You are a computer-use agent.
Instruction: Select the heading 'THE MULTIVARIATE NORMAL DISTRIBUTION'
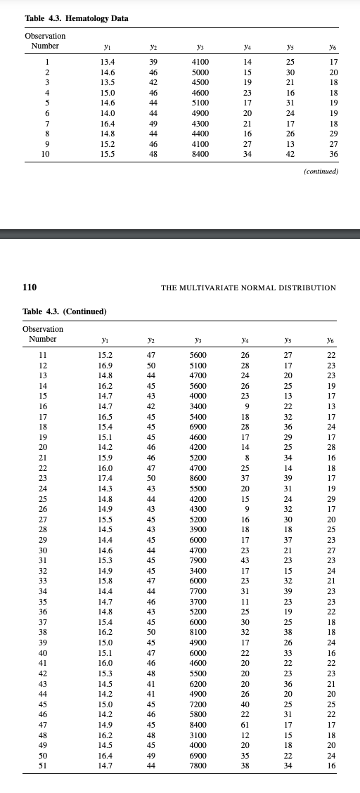click(248, 288)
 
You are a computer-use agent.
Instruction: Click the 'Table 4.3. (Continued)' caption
click(65, 311)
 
